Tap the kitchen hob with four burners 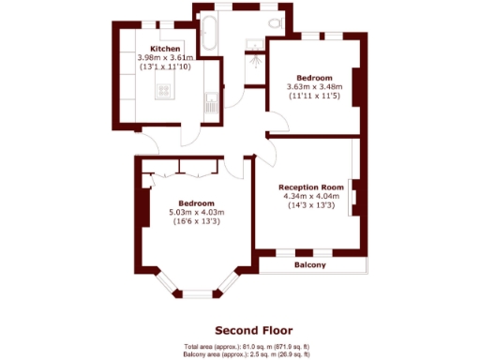pos(164,91)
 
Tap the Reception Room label pos(310,187)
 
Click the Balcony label pos(310,266)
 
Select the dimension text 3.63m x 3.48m pos(313,87)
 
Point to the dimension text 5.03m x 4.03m pos(198,213)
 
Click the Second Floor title pos(253,330)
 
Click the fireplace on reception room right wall pos(352,198)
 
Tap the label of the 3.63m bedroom pos(313,78)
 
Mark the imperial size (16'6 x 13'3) pos(198,222)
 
